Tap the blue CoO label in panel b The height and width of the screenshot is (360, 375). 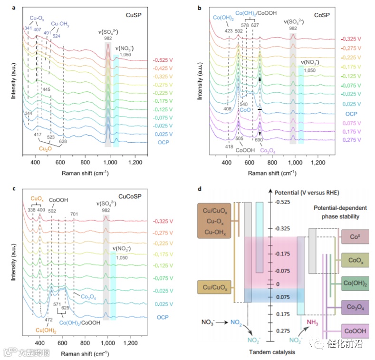click(x=245, y=109)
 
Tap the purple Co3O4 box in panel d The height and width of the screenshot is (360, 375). click(x=356, y=306)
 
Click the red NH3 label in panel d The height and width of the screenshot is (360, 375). click(x=312, y=322)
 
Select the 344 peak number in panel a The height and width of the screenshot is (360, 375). click(x=29, y=114)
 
